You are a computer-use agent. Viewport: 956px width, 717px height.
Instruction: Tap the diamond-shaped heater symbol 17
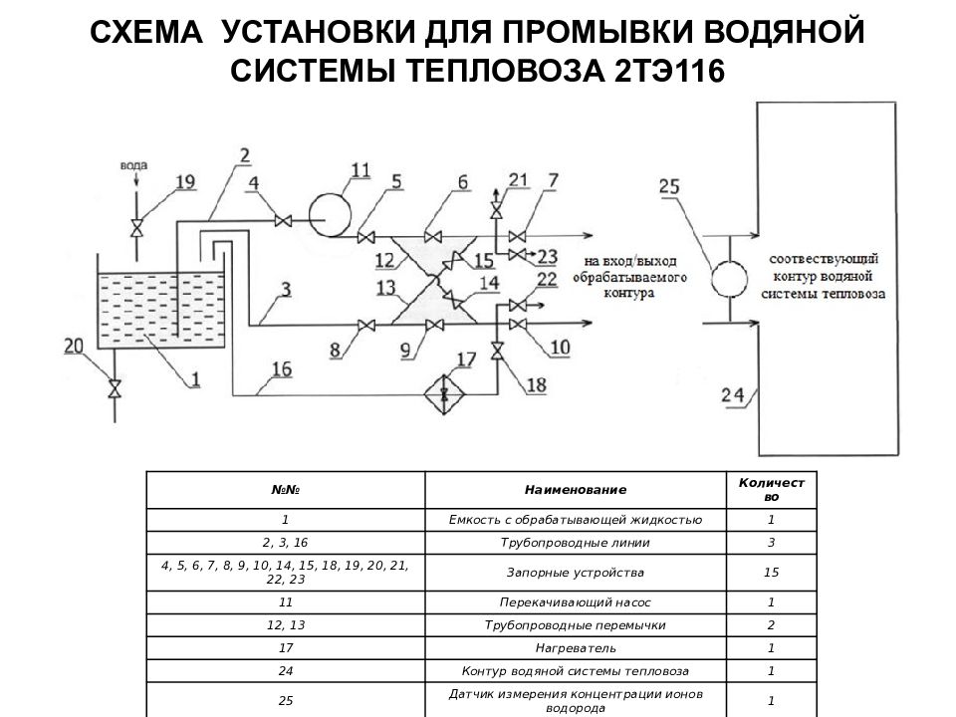(x=443, y=392)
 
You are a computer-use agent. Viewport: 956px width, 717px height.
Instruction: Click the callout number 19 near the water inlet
(x=184, y=181)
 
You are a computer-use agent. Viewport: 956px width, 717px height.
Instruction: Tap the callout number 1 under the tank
(x=195, y=377)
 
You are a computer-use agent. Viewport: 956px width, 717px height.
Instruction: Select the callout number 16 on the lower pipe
(x=281, y=370)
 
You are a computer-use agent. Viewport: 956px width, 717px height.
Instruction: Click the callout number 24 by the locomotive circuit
(x=733, y=395)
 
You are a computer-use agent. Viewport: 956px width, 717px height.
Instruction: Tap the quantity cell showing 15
(x=771, y=573)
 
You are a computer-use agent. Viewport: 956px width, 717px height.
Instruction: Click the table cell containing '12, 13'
(x=286, y=625)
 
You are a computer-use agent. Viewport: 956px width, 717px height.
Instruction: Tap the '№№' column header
(x=286, y=490)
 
